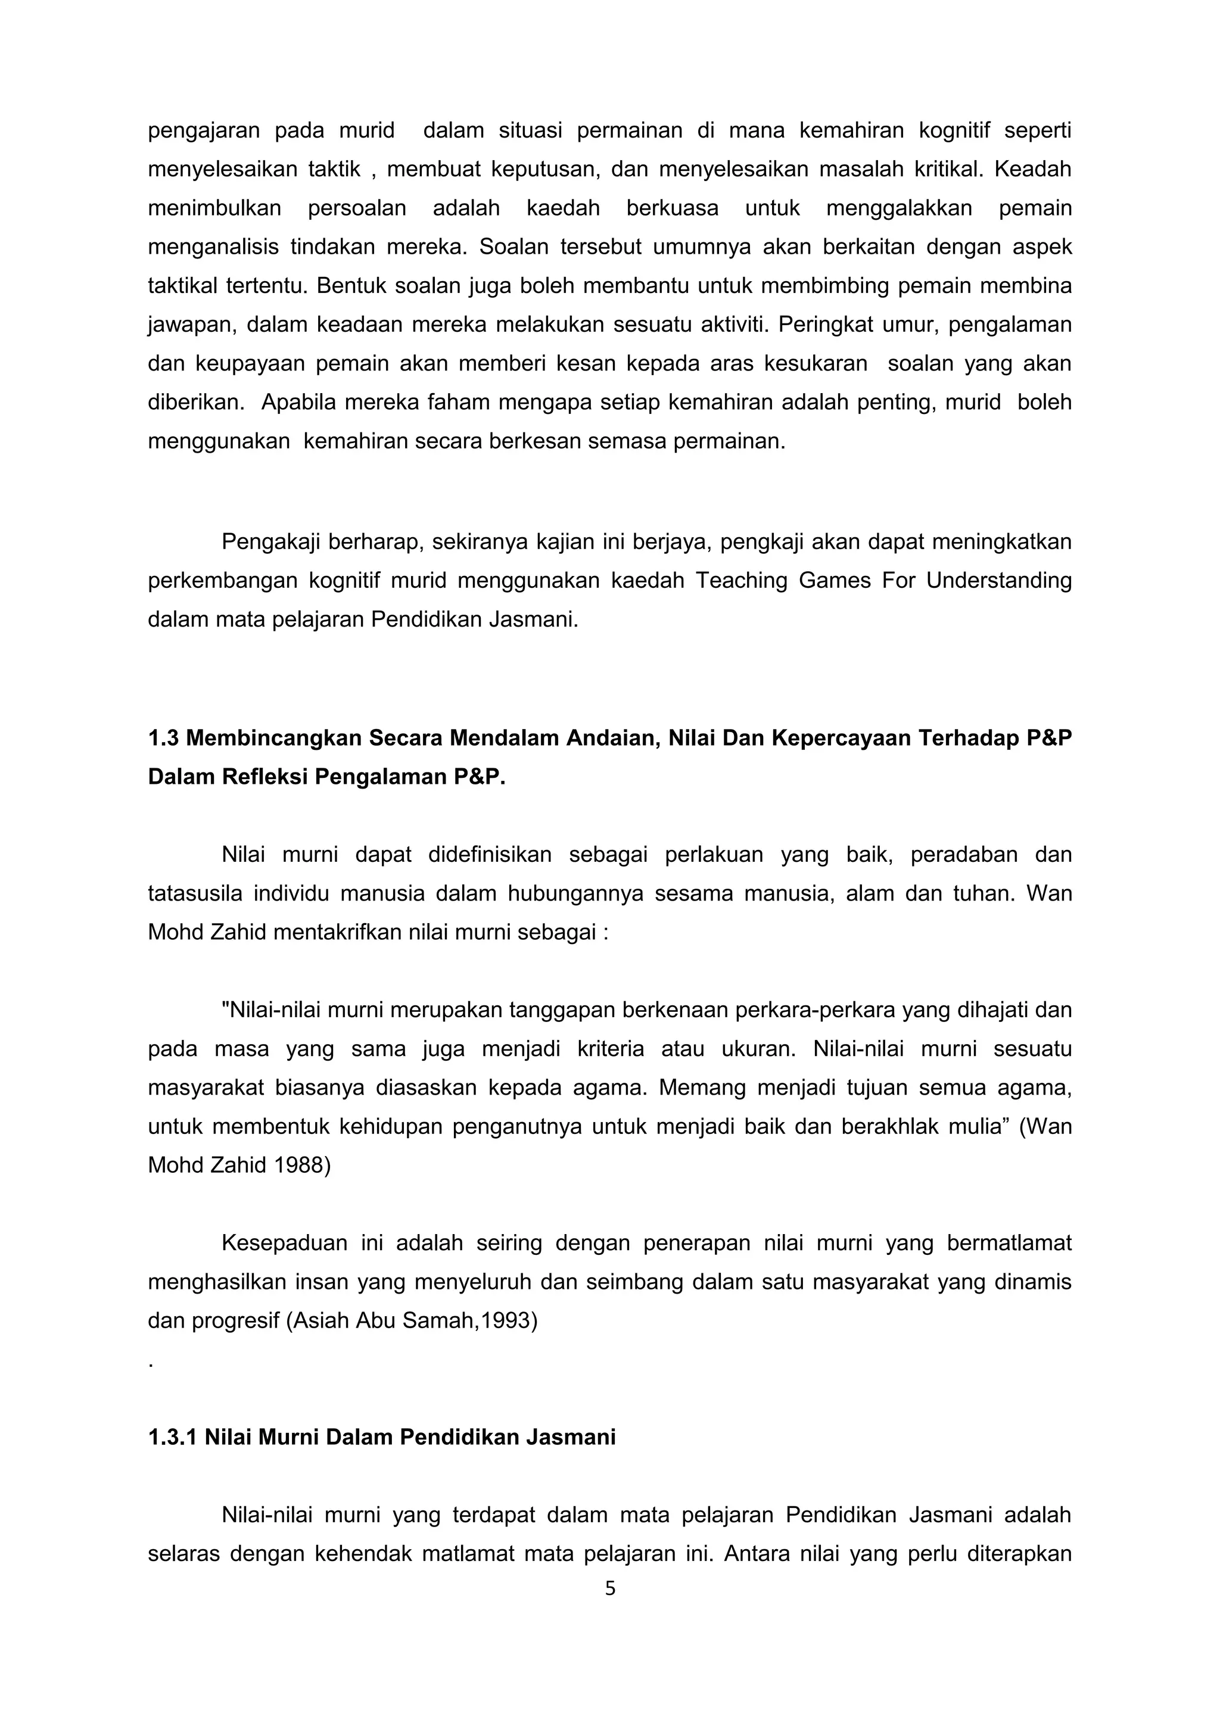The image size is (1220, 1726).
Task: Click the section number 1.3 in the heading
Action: pos(163,738)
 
